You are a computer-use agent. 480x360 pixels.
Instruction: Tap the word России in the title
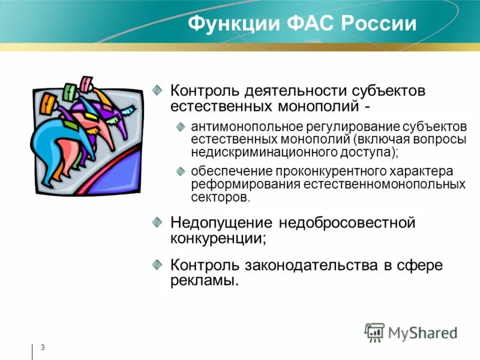379,24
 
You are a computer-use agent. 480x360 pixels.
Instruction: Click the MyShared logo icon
374,332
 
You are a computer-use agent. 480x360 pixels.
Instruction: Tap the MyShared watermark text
422,332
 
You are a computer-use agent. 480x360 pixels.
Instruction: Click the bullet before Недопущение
157,223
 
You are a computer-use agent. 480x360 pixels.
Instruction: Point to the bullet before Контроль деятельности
157,89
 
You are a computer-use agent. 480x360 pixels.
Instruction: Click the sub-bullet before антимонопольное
181,127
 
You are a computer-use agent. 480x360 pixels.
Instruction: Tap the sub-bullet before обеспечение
181,171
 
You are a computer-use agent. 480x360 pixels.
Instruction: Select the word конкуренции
218,238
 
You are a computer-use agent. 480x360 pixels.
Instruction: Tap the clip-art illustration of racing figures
88,134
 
